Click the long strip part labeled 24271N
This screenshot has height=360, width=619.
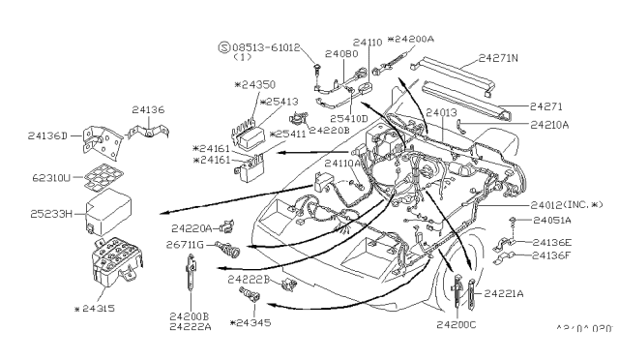coord(456,75)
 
